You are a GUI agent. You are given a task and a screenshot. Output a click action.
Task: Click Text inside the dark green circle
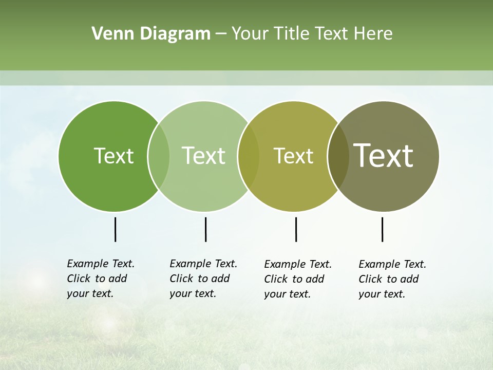113,156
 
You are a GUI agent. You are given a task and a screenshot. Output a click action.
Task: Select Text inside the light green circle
203,156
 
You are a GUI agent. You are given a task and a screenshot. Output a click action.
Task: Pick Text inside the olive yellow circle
293,156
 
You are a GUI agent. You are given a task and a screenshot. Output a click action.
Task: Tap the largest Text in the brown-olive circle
384,156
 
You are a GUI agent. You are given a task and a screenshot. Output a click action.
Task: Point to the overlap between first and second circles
159,156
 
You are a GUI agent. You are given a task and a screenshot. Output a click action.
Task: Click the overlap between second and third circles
249,156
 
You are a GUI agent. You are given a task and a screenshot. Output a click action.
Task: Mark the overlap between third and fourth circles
338,156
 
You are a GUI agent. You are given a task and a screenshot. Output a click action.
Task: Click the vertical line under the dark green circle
115,229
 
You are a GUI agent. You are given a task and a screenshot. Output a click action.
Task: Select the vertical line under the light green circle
205,229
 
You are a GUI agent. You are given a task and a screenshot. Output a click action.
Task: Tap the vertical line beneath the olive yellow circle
296,229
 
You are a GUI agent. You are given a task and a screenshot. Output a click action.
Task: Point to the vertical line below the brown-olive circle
382,229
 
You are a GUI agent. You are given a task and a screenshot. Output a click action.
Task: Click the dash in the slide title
221,34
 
